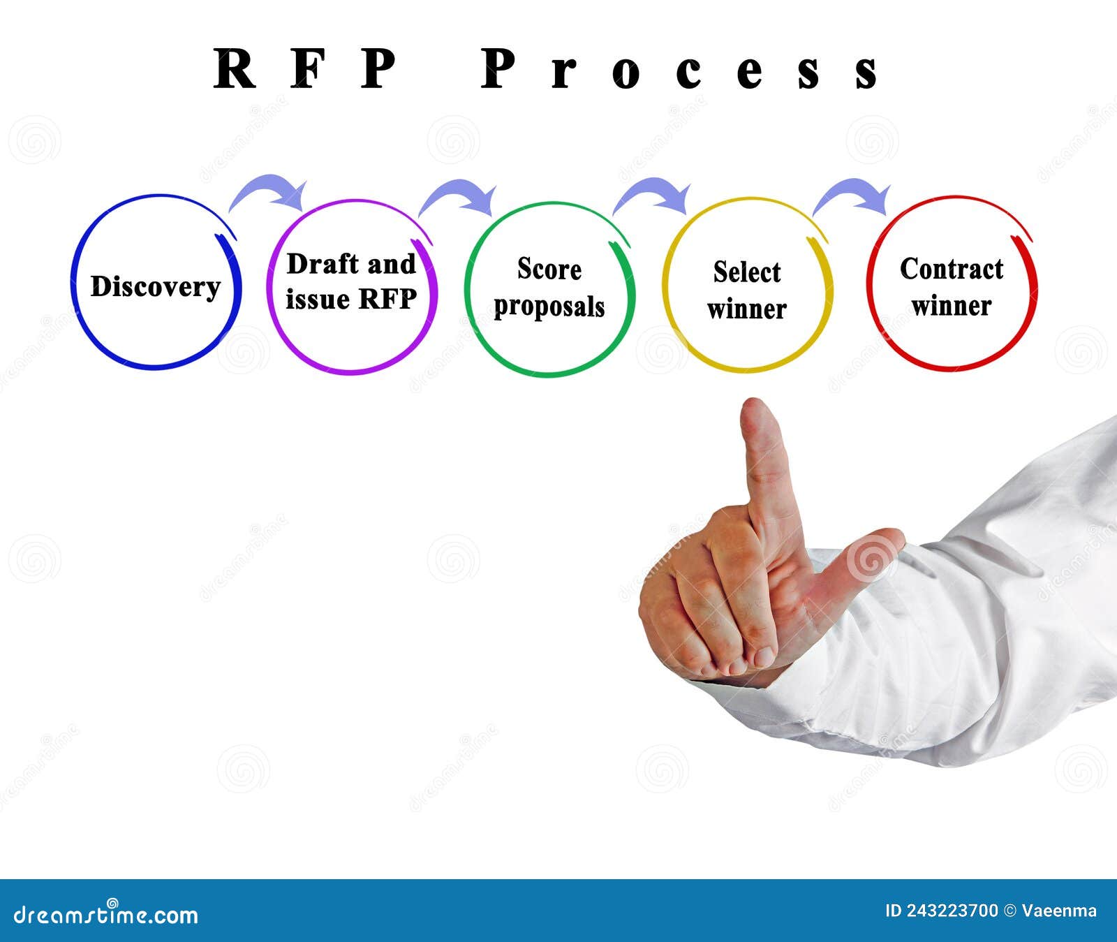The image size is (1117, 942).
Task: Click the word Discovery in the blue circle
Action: click(x=155, y=287)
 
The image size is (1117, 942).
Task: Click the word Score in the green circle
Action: click(x=549, y=270)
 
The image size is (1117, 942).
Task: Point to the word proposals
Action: click(x=549, y=307)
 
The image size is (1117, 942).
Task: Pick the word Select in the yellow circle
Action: click(x=746, y=272)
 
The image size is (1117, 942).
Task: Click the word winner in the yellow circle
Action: click(x=746, y=309)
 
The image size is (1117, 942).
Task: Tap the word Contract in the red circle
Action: click(x=951, y=270)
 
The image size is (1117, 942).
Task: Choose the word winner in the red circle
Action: click(x=951, y=307)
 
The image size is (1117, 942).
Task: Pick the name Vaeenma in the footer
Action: click(x=1059, y=911)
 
